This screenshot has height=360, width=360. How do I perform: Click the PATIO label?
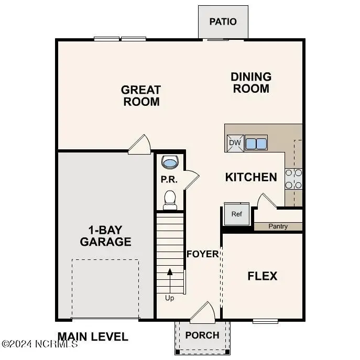(x=223, y=22)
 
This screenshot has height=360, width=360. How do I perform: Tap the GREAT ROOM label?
(x=141, y=96)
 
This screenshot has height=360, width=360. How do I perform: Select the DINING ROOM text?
(x=251, y=83)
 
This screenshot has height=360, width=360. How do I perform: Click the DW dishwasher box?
(x=234, y=143)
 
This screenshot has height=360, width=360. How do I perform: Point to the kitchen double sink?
(x=256, y=143)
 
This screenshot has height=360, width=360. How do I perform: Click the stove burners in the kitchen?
(x=293, y=178)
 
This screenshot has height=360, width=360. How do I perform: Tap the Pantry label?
(x=278, y=227)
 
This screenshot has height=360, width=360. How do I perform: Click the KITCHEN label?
(x=251, y=177)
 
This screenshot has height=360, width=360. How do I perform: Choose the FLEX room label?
(x=263, y=276)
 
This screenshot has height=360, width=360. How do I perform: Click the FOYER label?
(x=203, y=254)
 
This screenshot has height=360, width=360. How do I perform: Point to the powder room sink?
(x=170, y=162)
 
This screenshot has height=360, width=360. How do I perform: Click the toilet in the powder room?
(x=170, y=199)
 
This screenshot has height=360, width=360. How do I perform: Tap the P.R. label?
(x=169, y=180)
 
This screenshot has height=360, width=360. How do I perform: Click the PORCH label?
(x=202, y=335)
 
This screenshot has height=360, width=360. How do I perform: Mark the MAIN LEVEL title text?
(x=93, y=337)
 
